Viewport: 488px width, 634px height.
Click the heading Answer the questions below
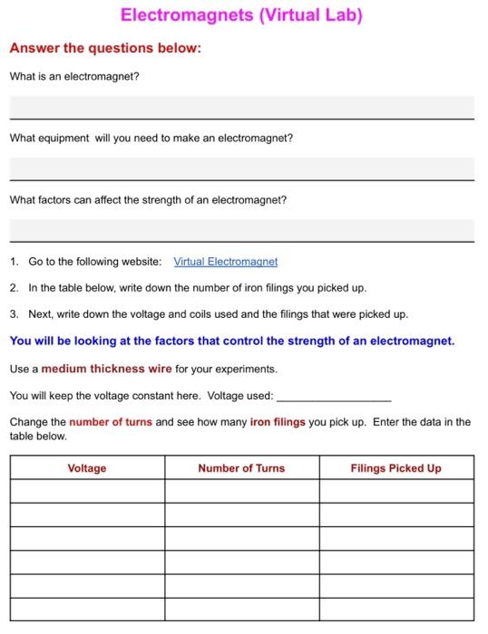pyautogui.click(x=105, y=48)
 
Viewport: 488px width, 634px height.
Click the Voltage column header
pyautogui.click(x=87, y=468)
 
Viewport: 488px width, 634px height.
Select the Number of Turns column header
pyautogui.click(x=241, y=468)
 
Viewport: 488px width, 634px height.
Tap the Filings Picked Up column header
pyautogui.click(x=395, y=468)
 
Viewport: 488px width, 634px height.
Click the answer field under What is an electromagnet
pyautogui.click(x=241, y=108)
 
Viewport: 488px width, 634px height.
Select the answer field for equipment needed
pyautogui.click(x=241, y=168)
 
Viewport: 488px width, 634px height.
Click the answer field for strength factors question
pyautogui.click(x=241, y=229)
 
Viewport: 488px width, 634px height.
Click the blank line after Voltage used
pyautogui.click(x=333, y=397)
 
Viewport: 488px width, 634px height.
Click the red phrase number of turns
pyautogui.click(x=112, y=422)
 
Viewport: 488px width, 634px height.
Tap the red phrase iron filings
pyautogui.click(x=278, y=422)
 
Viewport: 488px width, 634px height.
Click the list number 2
pyautogui.click(x=14, y=288)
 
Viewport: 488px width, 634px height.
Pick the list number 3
pyautogui.click(x=14, y=314)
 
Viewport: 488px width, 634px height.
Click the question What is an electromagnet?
pyautogui.click(x=74, y=76)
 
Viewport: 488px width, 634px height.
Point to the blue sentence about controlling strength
pyautogui.click(x=231, y=341)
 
